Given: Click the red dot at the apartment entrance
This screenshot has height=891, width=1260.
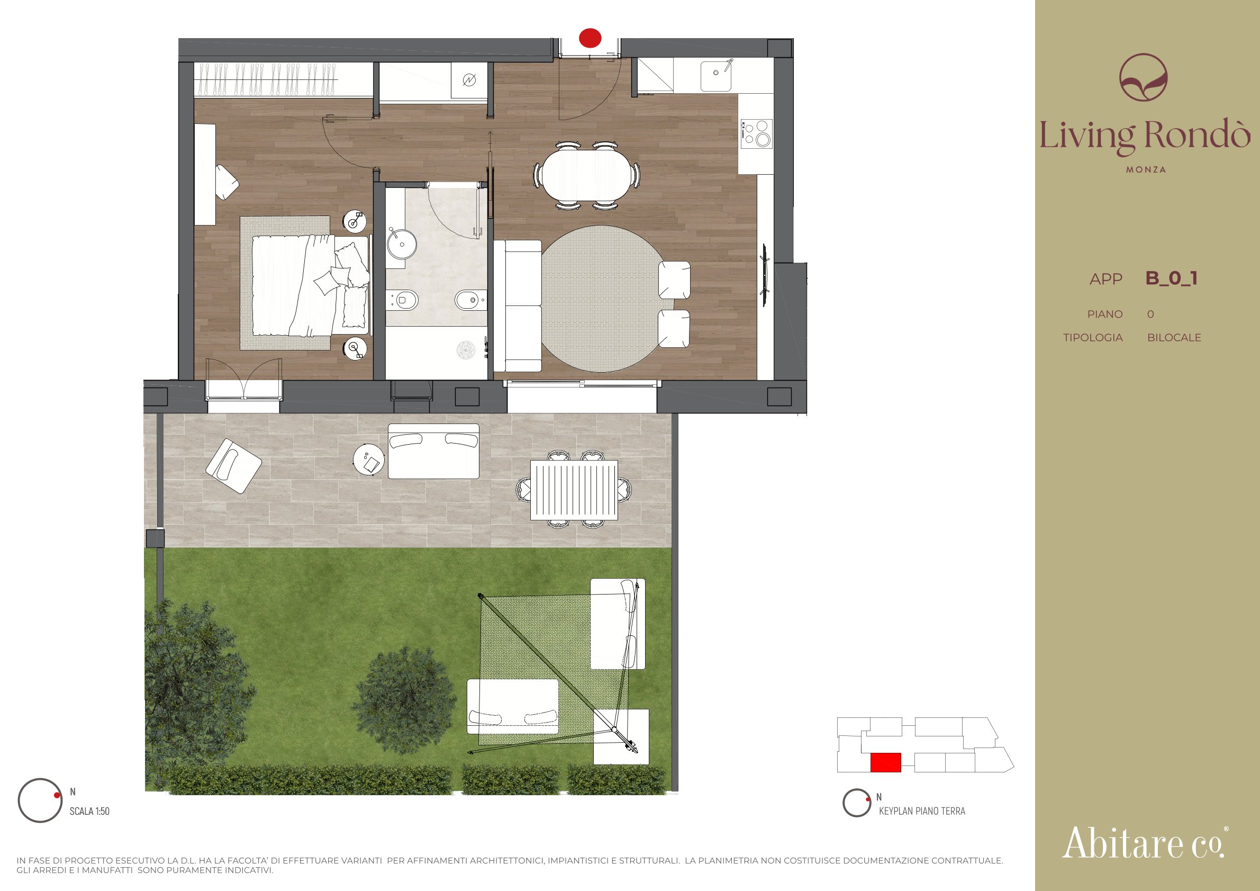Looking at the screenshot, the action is pyautogui.click(x=590, y=38).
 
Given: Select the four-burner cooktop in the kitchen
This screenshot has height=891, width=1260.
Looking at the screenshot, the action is pyautogui.click(x=756, y=133).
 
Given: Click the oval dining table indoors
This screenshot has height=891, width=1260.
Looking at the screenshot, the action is pyautogui.click(x=586, y=176).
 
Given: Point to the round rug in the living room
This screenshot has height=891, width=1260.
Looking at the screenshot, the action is pyautogui.click(x=603, y=299).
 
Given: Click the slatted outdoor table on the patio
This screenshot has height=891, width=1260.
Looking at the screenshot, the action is pyautogui.click(x=574, y=490).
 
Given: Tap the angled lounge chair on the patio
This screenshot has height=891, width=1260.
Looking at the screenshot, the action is pyautogui.click(x=234, y=465).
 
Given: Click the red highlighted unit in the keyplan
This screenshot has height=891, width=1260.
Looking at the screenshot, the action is pyautogui.click(x=886, y=762).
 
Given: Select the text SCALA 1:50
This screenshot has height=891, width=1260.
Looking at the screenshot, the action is pyautogui.click(x=89, y=812).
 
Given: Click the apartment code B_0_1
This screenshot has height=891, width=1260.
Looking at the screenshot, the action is pyautogui.click(x=1171, y=278).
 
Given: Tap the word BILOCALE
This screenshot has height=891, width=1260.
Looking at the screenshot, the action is pyautogui.click(x=1174, y=338).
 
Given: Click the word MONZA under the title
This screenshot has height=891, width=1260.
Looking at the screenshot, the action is pyautogui.click(x=1146, y=169).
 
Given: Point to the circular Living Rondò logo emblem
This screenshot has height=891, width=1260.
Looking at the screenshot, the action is pyautogui.click(x=1144, y=77).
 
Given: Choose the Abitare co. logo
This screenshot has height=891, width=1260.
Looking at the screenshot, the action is pyautogui.click(x=1145, y=843).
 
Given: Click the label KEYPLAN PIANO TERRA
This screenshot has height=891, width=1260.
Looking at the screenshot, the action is pyautogui.click(x=922, y=812).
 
